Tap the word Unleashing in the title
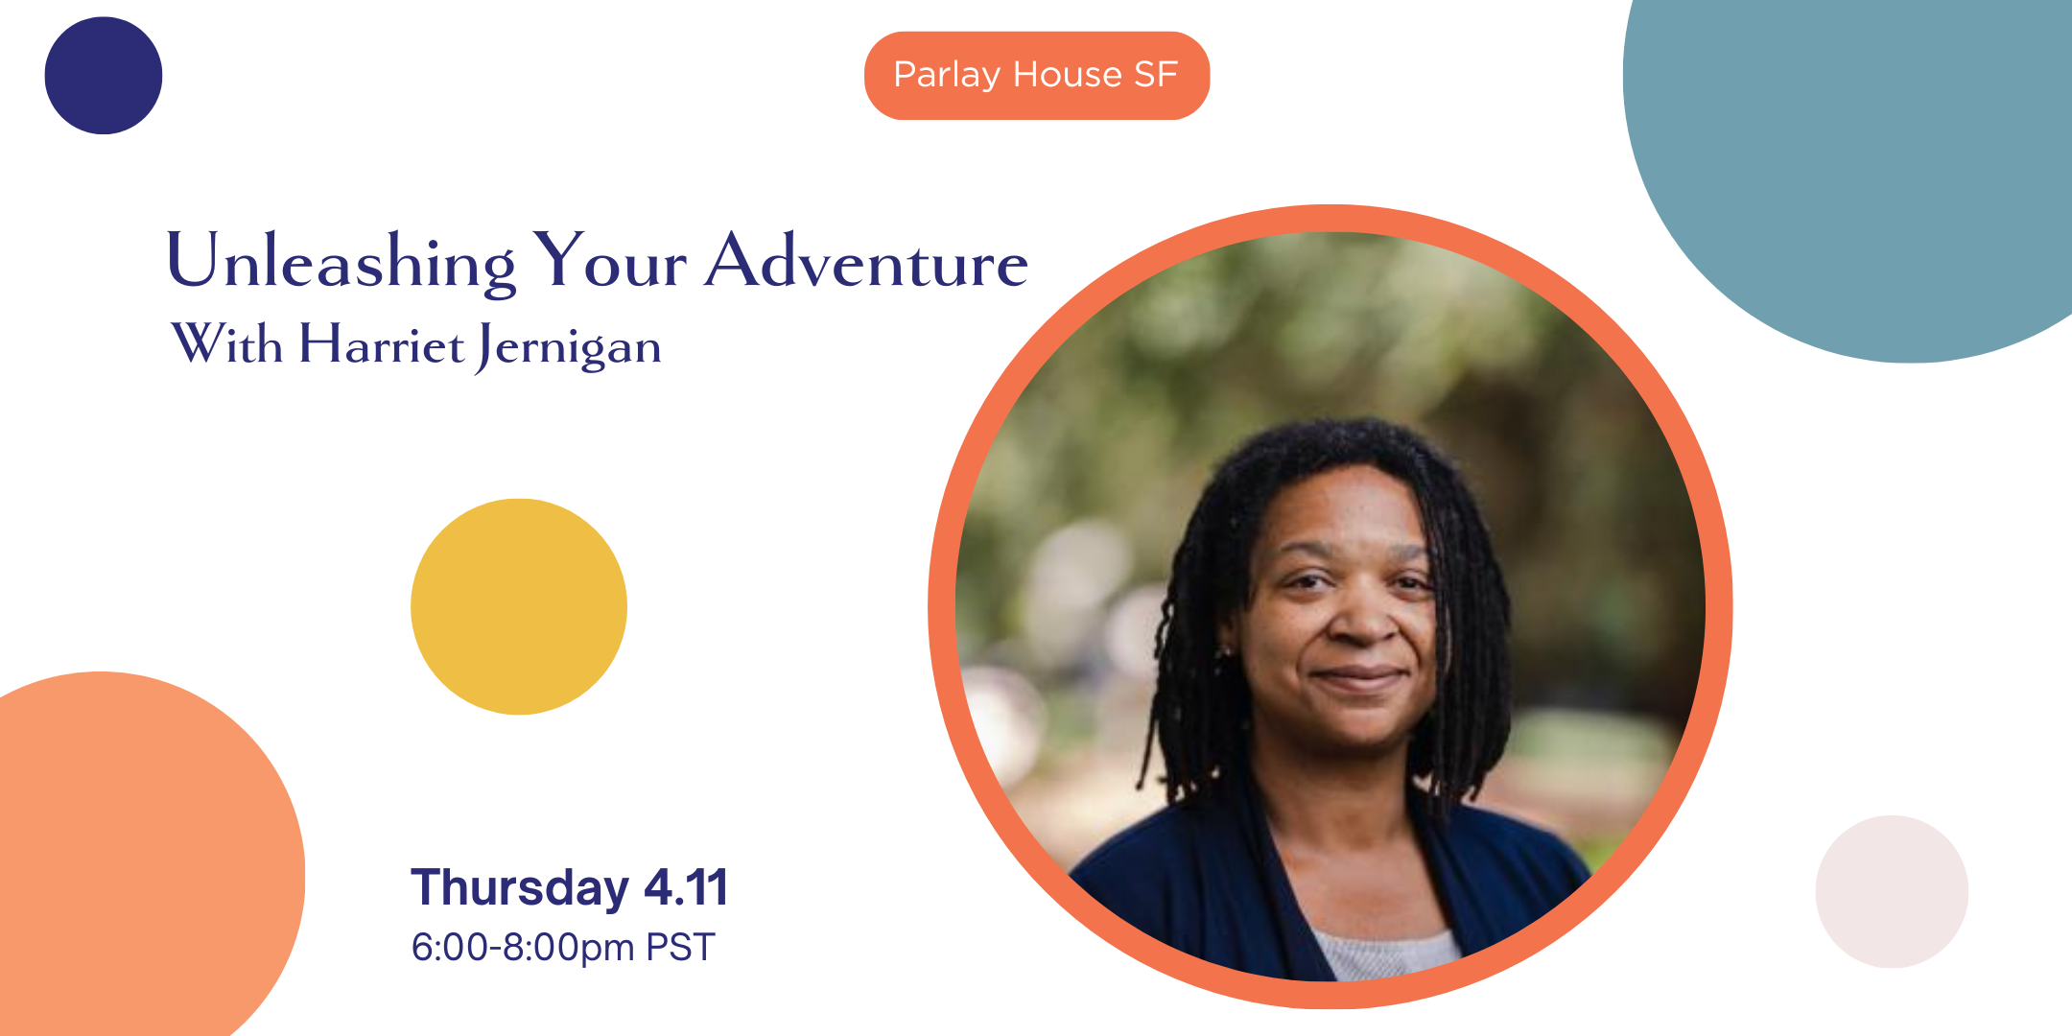point(341,262)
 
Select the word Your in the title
point(610,261)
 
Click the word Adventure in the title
point(866,262)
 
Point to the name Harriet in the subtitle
point(382,344)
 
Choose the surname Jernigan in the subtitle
point(569,347)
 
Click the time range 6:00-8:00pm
point(523,948)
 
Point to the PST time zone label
point(680,948)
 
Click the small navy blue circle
point(104,76)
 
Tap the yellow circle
point(519,606)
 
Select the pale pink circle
point(1892,891)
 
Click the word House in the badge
point(1067,75)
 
